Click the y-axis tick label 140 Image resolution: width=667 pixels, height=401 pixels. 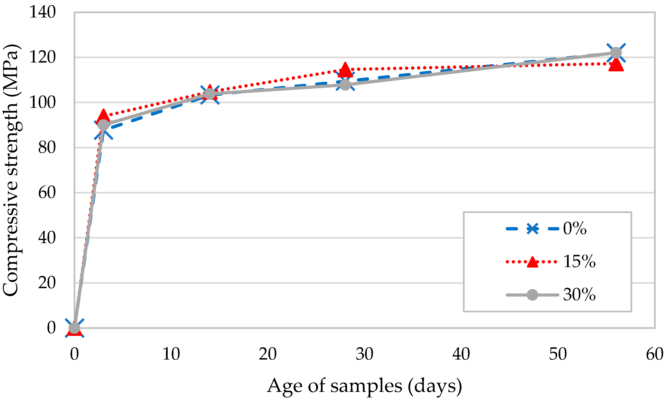tap(42, 12)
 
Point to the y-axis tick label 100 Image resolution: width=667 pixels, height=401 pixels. tap(42, 103)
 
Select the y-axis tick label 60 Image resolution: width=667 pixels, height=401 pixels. tap(47, 193)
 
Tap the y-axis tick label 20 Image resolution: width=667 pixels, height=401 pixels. tap(47, 283)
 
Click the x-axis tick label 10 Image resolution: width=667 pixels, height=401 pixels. tap(171, 354)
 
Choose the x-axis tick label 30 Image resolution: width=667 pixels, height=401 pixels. tap(364, 354)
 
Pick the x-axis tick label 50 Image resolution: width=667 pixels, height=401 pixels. tap(558, 354)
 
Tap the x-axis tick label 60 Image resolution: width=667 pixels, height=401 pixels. tap(655, 354)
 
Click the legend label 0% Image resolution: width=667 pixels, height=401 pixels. tap(575, 228)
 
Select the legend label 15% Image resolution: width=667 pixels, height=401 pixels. tap(579, 261)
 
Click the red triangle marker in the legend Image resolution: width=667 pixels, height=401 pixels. tap(532, 261)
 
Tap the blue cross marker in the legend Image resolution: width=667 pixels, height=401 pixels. tap(532, 229)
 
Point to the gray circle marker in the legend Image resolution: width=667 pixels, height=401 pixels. tap(532, 295)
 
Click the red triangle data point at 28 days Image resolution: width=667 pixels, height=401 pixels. tap(345, 69)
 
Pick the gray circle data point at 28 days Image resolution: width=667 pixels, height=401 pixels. tap(345, 85)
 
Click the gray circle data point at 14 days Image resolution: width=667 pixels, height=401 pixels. tap(210, 94)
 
